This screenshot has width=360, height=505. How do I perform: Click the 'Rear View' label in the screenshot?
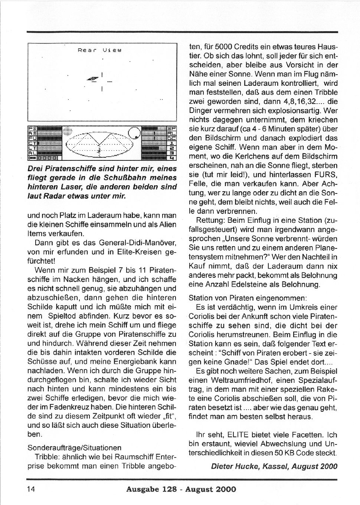99,49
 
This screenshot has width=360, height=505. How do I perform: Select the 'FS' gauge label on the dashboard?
33,128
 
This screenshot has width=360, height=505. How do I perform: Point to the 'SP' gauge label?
172,128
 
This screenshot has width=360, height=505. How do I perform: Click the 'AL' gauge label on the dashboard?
33,152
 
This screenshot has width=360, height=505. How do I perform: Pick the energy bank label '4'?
172,157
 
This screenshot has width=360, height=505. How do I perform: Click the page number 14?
31,489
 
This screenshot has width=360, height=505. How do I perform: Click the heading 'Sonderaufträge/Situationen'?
74,448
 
